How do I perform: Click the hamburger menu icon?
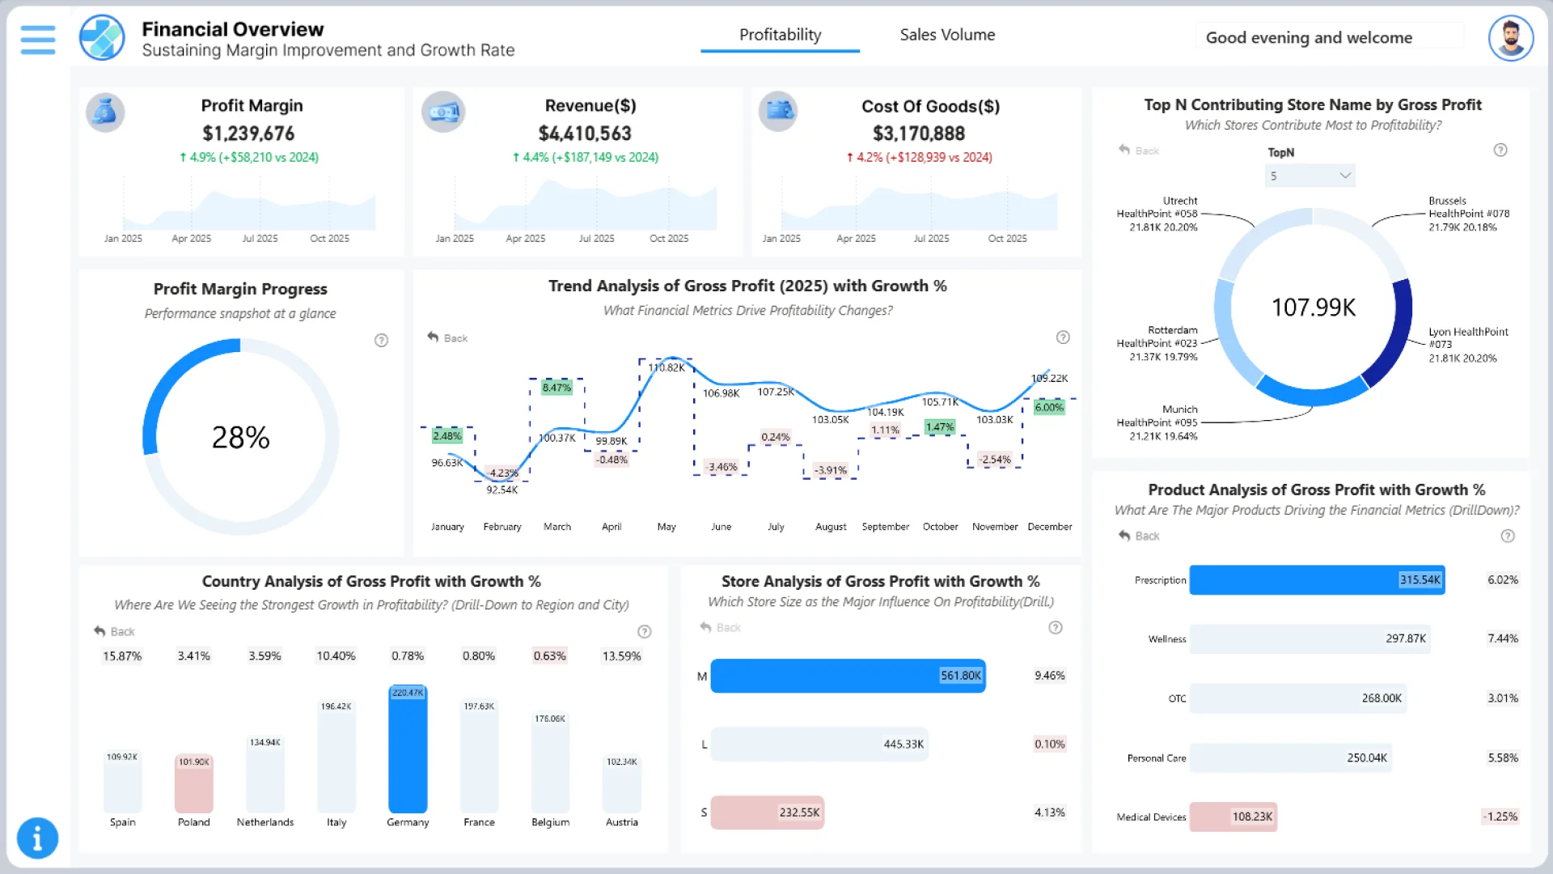[38, 39]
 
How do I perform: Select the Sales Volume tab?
[947, 35]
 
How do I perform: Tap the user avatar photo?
[1510, 37]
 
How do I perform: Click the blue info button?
[37, 838]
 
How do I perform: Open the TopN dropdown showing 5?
[1310, 176]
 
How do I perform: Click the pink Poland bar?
[194, 783]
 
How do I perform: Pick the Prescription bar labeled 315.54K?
[1316, 580]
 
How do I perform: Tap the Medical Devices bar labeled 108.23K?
[1233, 817]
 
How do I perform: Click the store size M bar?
[848, 676]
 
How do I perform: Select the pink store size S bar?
[767, 812]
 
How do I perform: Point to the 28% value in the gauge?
[240, 438]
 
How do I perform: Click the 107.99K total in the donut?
[1313, 308]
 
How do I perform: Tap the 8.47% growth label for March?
[556, 388]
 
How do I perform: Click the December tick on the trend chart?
[1049, 527]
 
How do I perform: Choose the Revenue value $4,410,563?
[585, 134]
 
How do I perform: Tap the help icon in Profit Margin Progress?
[381, 341]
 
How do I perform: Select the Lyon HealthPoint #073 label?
[1467, 337]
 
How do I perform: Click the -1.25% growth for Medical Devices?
[1500, 817]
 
